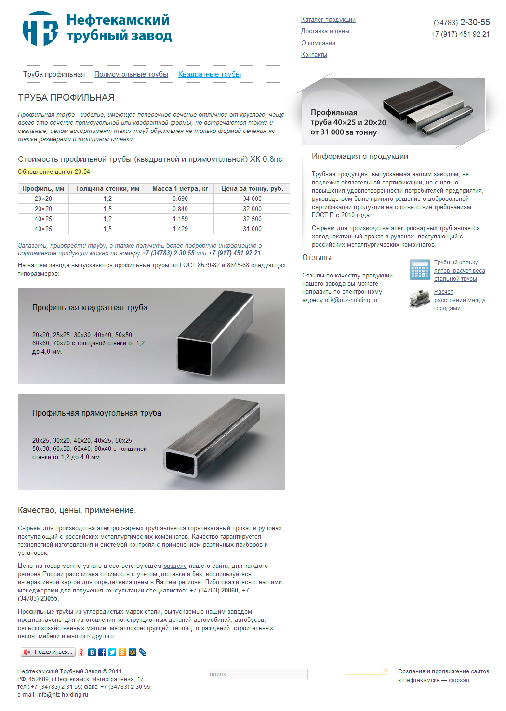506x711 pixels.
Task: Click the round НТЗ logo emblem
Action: pos(40,28)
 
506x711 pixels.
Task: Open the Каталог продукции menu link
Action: pos(328,20)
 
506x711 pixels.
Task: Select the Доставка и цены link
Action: pos(325,31)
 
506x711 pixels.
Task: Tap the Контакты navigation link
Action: pos(314,55)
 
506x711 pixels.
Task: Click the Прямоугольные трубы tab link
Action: pos(131,74)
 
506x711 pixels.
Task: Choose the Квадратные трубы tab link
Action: pos(210,74)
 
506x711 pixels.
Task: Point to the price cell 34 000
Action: pos(252,199)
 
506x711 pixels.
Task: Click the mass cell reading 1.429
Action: pos(180,229)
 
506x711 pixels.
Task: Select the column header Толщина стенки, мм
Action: pos(107,189)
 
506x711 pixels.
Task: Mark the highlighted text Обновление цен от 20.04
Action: pos(54,172)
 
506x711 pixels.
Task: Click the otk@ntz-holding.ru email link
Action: pos(351,300)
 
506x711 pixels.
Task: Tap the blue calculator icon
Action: pos(419,270)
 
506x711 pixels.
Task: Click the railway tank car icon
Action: pos(419,298)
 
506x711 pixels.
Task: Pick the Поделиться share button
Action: pos(48,652)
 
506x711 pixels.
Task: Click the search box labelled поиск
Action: pos(257,674)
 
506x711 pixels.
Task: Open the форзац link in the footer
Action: pos(459,680)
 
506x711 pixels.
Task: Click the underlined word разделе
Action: pos(175,566)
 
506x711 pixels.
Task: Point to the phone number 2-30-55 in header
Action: pos(475,22)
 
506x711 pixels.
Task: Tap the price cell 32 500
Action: pos(252,219)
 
